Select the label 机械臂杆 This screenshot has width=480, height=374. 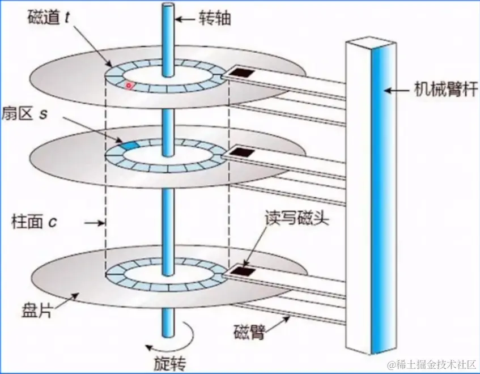[443, 90]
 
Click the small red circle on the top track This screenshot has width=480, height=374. [129, 86]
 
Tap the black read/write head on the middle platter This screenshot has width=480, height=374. [244, 152]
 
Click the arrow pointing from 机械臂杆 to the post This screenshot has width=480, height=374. [397, 90]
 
